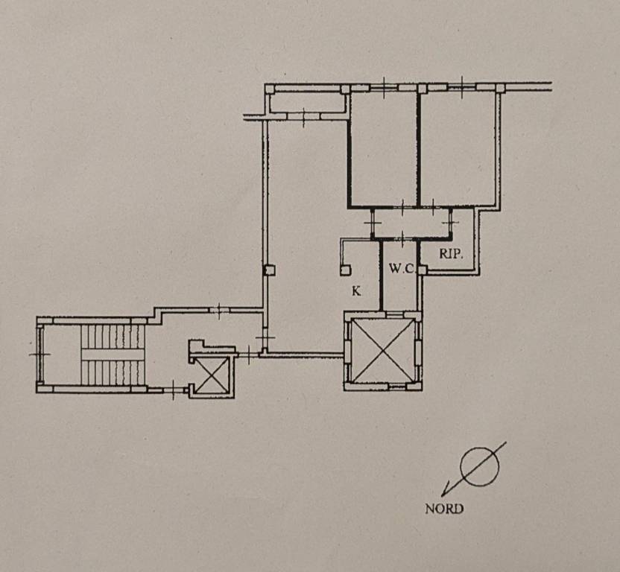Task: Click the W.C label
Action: [x=401, y=269]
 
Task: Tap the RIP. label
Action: [x=451, y=254]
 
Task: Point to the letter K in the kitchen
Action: [x=356, y=291]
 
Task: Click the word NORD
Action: [x=444, y=509]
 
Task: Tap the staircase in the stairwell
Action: [x=112, y=355]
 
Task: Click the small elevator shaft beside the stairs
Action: [x=212, y=375]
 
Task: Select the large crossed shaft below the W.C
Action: [x=382, y=351]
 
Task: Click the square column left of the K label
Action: [x=346, y=270]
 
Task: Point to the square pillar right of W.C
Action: [x=423, y=270]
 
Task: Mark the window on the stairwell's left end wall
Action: [x=39, y=355]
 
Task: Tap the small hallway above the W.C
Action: [x=411, y=223]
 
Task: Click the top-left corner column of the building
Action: [x=269, y=89]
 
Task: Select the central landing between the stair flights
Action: [x=113, y=355]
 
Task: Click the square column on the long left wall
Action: [x=269, y=270]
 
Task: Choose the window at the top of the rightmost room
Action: [x=461, y=87]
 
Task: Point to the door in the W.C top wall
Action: [x=402, y=238]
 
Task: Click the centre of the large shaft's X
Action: [x=383, y=351]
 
